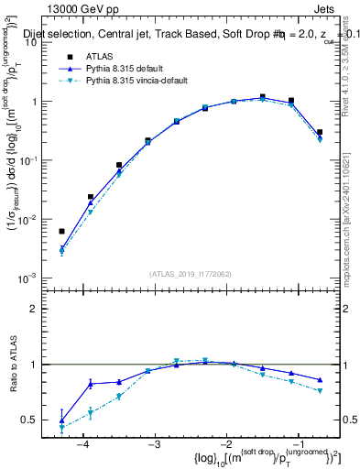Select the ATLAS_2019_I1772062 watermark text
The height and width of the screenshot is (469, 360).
pyautogui.click(x=191, y=273)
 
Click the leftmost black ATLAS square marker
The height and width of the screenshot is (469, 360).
pyautogui.click(x=61, y=232)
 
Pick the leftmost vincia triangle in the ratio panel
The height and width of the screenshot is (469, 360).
pyautogui.click(x=61, y=428)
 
